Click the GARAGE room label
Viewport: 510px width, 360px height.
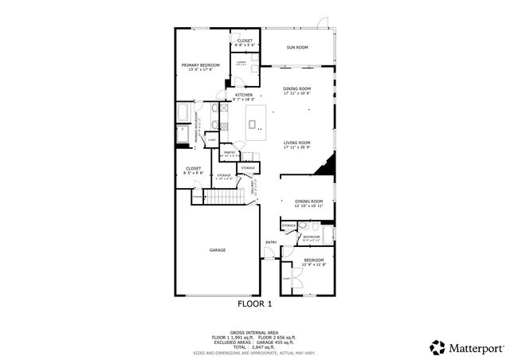click(x=218, y=250)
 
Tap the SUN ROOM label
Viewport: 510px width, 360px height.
click(x=297, y=47)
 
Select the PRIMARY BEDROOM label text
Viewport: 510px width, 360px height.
click(x=200, y=65)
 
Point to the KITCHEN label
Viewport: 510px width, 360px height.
click(x=243, y=95)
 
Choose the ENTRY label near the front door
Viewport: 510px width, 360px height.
click(x=271, y=242)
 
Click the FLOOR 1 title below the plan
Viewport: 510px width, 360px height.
click(x=255, y=304)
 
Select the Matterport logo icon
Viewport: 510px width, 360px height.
click(x=437, y=346)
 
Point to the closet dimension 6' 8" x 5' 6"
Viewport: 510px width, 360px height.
click(x=244, y=45)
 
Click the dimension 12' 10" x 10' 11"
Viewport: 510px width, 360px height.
click(x=308, y=206)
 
